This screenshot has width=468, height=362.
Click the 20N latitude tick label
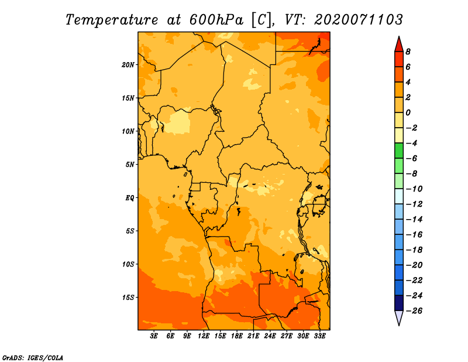pos(128,65)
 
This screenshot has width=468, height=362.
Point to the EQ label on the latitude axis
pos(130,198)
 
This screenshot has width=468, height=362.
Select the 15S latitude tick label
pos(128,298)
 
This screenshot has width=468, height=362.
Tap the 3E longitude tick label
pos(154,336)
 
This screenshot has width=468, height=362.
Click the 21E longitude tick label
pos(253,336)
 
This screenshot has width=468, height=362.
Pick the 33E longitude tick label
pos(319,336)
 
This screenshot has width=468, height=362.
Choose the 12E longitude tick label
pos(204,336)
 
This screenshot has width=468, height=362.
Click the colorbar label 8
pos(408,52)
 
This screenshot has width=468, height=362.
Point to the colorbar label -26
pos(414,311)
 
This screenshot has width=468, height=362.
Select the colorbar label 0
pos(408,112)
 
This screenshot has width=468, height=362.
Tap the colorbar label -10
pos(414,189)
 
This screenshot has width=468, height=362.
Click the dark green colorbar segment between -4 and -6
pos(399,151)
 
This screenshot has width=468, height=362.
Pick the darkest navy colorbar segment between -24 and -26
pos(399,303)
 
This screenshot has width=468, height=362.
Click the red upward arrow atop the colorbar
pos(399,45)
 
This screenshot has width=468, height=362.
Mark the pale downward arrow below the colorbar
pos(399,317)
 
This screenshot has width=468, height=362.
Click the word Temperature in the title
pos(112,20)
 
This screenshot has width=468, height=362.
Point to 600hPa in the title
pos(216,20)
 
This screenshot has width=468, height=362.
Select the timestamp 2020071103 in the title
pos(359,20)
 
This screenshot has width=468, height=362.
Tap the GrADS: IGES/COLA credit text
pos(33,357)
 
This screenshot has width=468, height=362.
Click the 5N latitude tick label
pos(130,165)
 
